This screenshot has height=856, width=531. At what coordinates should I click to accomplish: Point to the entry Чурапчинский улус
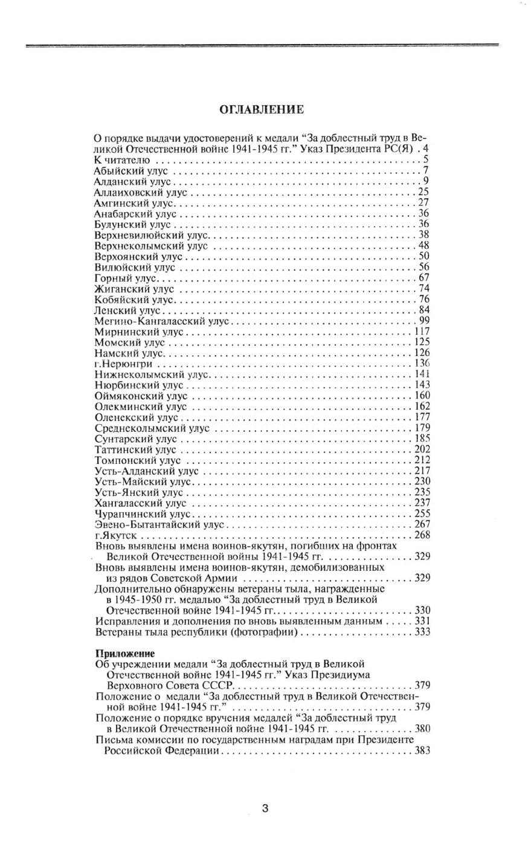tap(143, 513)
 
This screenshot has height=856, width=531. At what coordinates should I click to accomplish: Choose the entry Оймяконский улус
tap(141, 396)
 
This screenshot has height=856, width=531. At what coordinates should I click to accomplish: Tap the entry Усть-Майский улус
tap(143, 481)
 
